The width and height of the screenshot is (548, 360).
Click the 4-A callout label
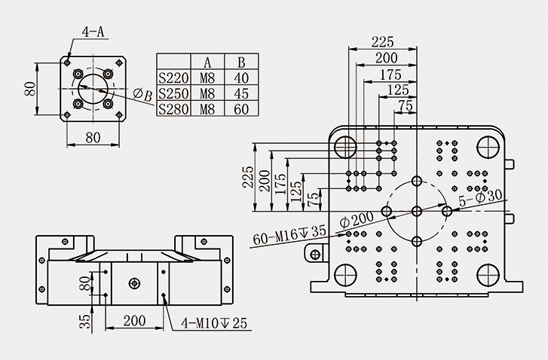[93, 32]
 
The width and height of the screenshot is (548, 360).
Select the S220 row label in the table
[173, 77]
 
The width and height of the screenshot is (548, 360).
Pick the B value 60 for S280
[241, 109]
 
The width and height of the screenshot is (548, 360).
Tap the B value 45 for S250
[241, 93]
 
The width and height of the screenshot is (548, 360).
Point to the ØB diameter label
[142, 94]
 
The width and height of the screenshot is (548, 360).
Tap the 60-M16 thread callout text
[289, 234]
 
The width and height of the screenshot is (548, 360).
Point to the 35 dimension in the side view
[85, 322]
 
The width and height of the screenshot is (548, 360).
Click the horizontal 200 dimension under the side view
[134, 321]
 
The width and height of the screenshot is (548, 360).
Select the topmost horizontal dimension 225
[384, 41]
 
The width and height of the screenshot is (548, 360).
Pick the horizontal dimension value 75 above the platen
[405, 106]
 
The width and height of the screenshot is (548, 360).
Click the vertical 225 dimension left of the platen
[248, 177]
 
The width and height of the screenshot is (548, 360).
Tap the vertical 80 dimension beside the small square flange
[31, 89]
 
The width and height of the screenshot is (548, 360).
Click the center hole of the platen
[417, 212]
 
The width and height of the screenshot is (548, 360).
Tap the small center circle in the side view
[134, 283]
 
